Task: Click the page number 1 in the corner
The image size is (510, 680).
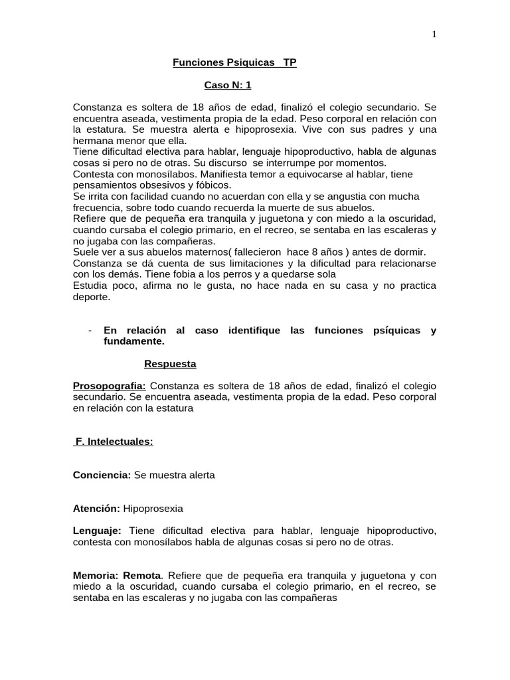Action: point(434,35)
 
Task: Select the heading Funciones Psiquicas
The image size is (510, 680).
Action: point(224,62)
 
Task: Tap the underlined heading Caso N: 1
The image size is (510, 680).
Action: point(227,85)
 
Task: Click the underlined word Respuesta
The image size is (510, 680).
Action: point(170,364)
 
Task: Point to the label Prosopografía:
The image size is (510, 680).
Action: point(110,386)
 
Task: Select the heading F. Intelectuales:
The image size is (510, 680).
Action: point(114,442)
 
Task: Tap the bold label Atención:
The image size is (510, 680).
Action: point(96,509)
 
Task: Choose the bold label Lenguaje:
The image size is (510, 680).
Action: point(97,531)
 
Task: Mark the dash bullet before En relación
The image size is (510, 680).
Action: point(90,331)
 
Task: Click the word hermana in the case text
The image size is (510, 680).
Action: point(92,141)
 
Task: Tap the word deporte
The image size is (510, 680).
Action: point(92,297)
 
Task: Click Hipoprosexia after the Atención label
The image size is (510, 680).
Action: point(153,509)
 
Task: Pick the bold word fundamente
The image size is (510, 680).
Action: point(133,341)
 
